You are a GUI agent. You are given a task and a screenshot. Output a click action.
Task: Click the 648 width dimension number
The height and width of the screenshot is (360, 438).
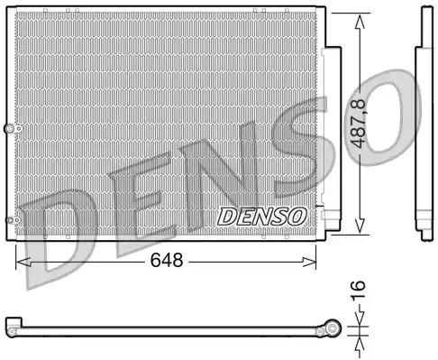166,262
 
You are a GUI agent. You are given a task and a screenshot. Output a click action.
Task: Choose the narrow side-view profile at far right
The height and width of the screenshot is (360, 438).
424,126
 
